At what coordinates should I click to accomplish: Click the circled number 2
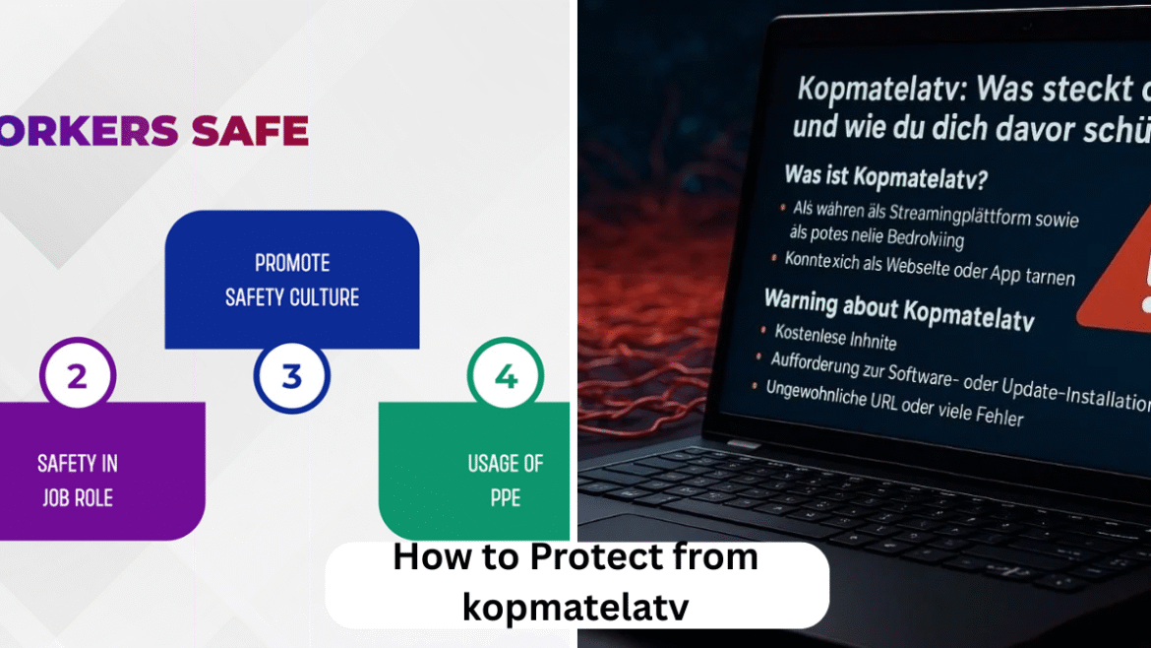click(78, 376)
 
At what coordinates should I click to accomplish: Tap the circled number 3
click(291, 376)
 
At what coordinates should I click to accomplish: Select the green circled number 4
click(506, 376)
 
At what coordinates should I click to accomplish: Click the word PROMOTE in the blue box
click(292, 263)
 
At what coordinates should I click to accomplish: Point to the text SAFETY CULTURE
click(292, 296)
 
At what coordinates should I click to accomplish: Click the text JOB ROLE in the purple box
click(77, 497)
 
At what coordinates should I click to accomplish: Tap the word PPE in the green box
click(506, 497)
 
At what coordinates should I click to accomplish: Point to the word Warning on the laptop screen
click(814, 299)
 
